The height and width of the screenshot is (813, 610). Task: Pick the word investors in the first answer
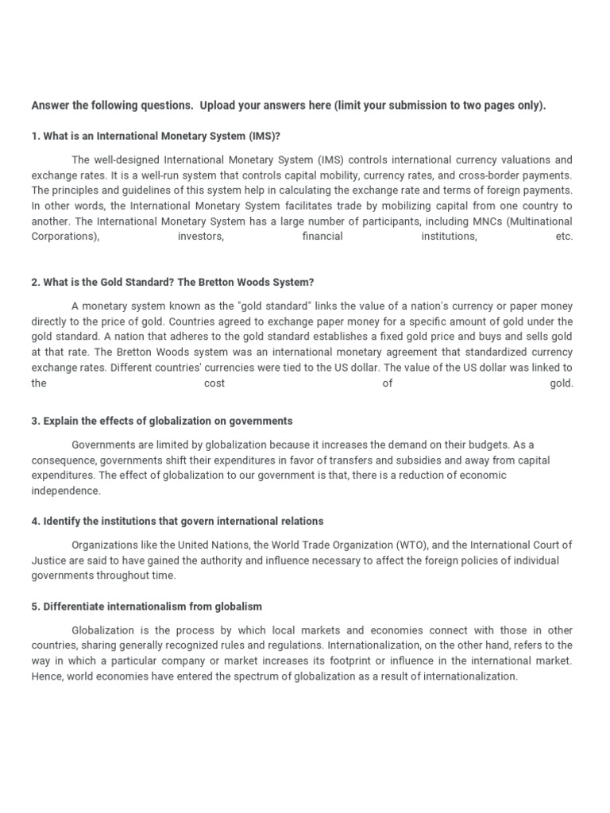pyautogui.click(x=201, y=237)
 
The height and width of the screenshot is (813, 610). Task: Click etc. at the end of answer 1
pyautogui.click(x=564, y=237)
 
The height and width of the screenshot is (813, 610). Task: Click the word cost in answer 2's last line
pyautogui.click(x=214, y=383)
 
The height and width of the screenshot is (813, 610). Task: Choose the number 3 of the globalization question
pyautogui.click(x=35, y=421)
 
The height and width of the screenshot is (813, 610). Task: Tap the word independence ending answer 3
pyautogui.click(x=66, y=491)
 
